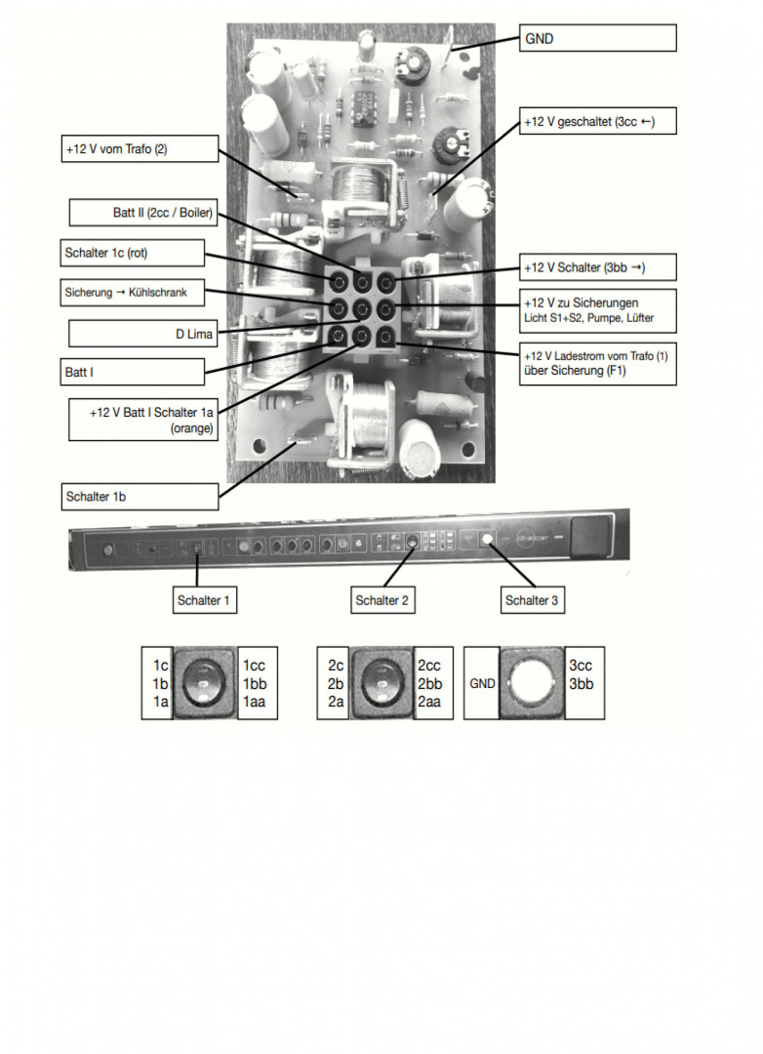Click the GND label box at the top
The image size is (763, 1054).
(598, 38)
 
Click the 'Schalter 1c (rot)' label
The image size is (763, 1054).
(134, 253)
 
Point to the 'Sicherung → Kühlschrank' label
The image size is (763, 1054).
(134, 292)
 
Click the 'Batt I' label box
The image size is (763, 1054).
(134, 371)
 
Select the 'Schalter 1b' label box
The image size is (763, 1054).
(139, 496)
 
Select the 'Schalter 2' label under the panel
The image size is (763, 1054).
(382, 600)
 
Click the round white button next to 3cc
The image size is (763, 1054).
(532, 682)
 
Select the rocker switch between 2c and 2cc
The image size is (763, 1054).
(382, 682)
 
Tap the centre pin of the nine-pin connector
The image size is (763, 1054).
(362, 310)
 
